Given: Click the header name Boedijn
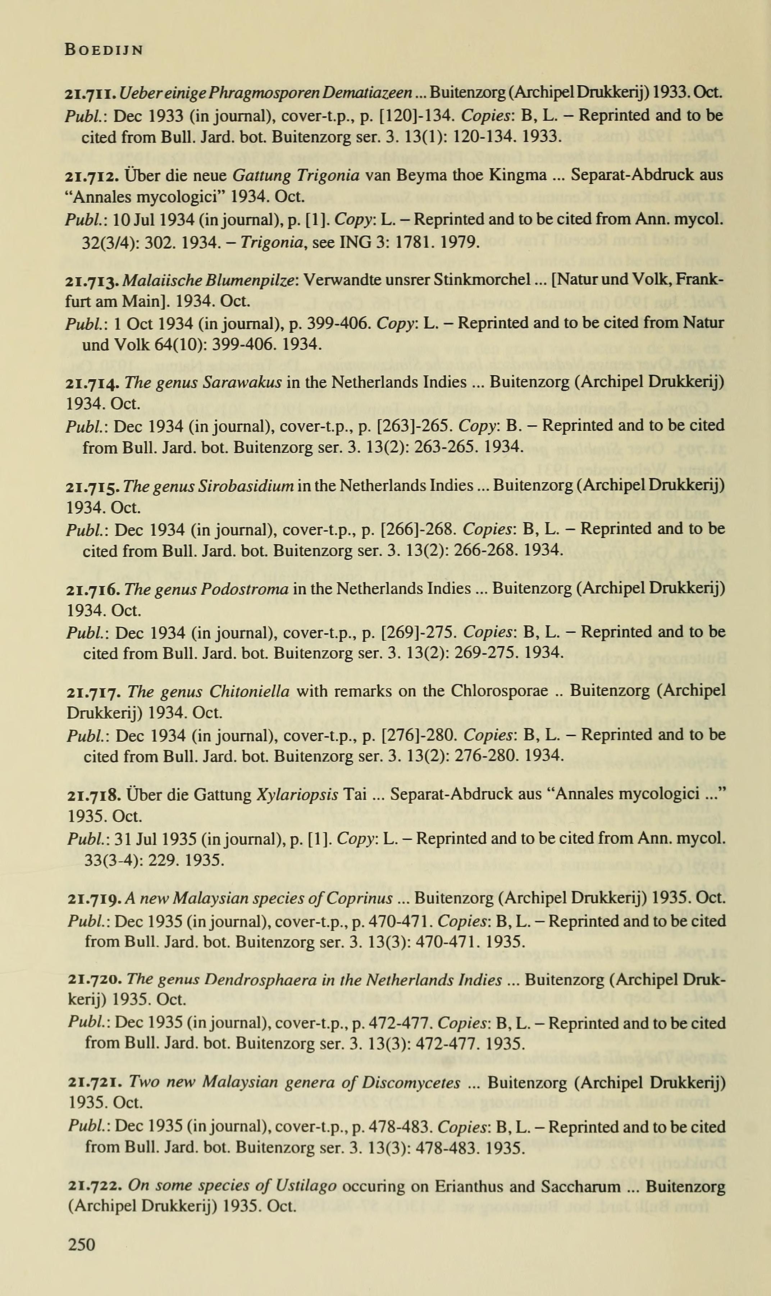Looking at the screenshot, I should coord(104,50).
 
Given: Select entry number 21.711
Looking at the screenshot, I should coord(90,94).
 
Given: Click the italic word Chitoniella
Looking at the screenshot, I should coord(249,691).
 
